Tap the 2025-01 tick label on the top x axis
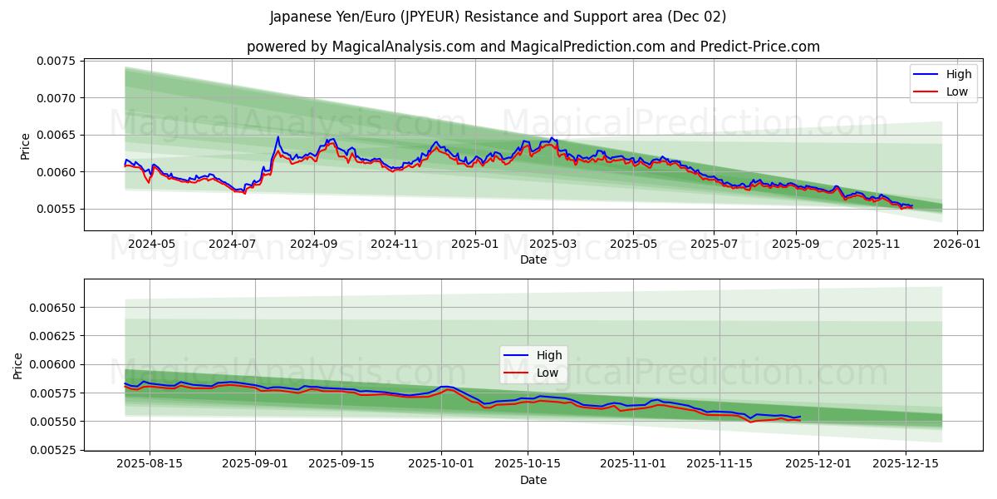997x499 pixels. (x=475, y=245)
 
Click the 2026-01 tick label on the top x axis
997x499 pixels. (x=957, y=245)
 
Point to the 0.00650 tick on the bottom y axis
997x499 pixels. (x=53, y=308)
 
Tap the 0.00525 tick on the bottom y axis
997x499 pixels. (x=53, y=450)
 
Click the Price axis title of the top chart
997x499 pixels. (x=26, y=146)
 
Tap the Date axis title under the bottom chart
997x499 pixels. (x=533, y=480)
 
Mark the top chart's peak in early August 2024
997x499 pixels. (x=277, y=137)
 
